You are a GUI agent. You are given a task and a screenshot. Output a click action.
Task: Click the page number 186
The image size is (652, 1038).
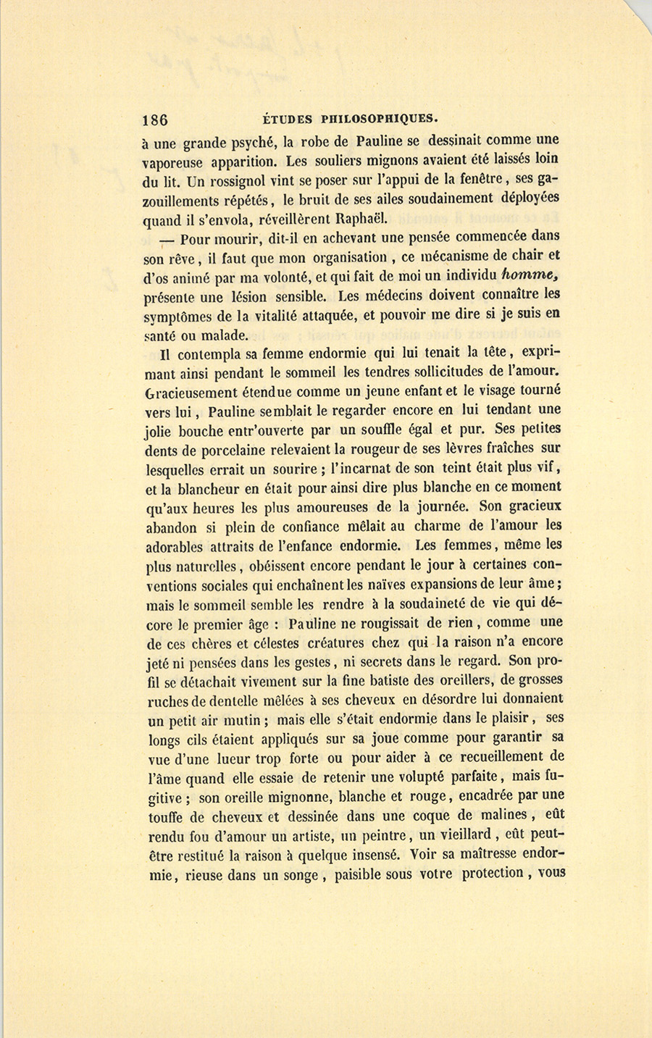156,120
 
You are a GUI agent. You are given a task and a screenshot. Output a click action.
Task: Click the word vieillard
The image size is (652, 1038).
464,834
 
